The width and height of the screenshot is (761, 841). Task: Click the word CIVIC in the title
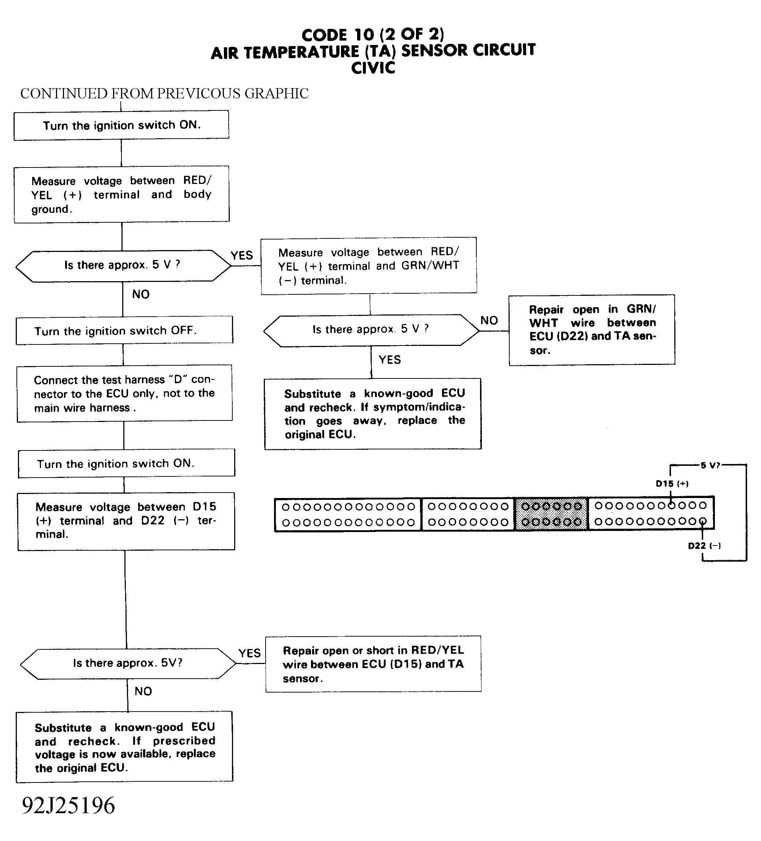pos(373,68)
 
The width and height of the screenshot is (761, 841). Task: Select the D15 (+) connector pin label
pos(672,484)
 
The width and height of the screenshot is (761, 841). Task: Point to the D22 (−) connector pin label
pos(704,546)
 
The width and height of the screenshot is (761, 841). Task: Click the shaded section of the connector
pos(551,514)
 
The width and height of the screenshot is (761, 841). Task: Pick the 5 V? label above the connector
pos(710,465)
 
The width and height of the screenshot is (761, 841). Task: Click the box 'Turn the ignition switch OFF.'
pos(124,331)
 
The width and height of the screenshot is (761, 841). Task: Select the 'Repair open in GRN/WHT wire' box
pos(592,330)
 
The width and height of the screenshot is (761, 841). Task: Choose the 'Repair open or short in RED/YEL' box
pos(373,664)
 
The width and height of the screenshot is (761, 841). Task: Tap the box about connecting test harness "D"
pos(124,393)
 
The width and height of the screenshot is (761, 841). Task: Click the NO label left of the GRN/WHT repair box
pos(489,320)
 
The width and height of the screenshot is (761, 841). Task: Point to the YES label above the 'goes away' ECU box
pos(390,359)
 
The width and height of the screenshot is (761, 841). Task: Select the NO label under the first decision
pos(141,294)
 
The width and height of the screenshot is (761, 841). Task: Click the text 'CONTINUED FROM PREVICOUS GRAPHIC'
pos(164,94)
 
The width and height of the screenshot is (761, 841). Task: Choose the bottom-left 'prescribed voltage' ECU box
pos(124,747)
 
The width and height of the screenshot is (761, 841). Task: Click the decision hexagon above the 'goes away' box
pos(371,330)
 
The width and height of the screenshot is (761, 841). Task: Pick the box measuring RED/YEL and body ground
pos(121,195)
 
